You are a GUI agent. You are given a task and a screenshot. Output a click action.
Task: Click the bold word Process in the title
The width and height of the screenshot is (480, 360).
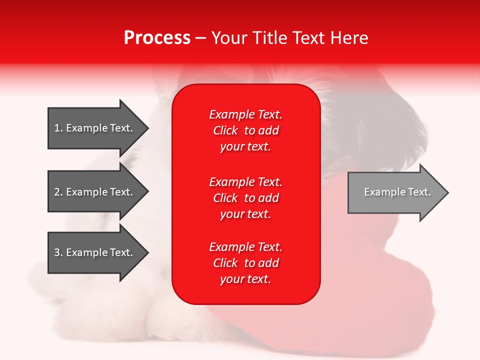(x=157, y=38)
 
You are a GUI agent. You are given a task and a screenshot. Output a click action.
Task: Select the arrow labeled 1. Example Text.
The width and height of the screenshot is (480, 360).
(x=95, y=128)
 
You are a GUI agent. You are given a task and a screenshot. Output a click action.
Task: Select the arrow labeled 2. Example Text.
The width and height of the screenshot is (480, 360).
(x=95, y=192)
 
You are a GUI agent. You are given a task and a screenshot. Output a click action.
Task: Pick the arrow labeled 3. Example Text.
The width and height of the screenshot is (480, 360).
(x=95, y=252)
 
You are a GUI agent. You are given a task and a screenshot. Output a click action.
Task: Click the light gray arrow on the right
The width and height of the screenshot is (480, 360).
(x=395, y=192)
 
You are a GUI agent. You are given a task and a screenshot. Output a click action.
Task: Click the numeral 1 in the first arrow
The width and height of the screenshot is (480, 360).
(x=57, y=128)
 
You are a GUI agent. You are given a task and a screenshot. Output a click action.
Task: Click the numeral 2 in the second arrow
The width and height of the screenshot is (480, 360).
(x=57, y=192)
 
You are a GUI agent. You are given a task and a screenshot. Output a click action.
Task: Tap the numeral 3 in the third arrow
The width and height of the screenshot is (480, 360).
(x=57, y=252)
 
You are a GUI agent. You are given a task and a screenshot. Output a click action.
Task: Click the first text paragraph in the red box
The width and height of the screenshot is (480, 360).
(x=245, y=130)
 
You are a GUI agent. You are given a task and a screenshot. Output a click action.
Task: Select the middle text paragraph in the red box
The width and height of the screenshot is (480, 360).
(x=245, y=198)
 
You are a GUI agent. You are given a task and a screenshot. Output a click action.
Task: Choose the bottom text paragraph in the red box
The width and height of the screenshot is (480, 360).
(x=245, y=263)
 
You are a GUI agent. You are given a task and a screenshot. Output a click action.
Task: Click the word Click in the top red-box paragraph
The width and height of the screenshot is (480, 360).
(x=225, y=130)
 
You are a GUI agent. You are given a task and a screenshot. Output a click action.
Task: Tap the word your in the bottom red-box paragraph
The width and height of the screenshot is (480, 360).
(x=231, y=279)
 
